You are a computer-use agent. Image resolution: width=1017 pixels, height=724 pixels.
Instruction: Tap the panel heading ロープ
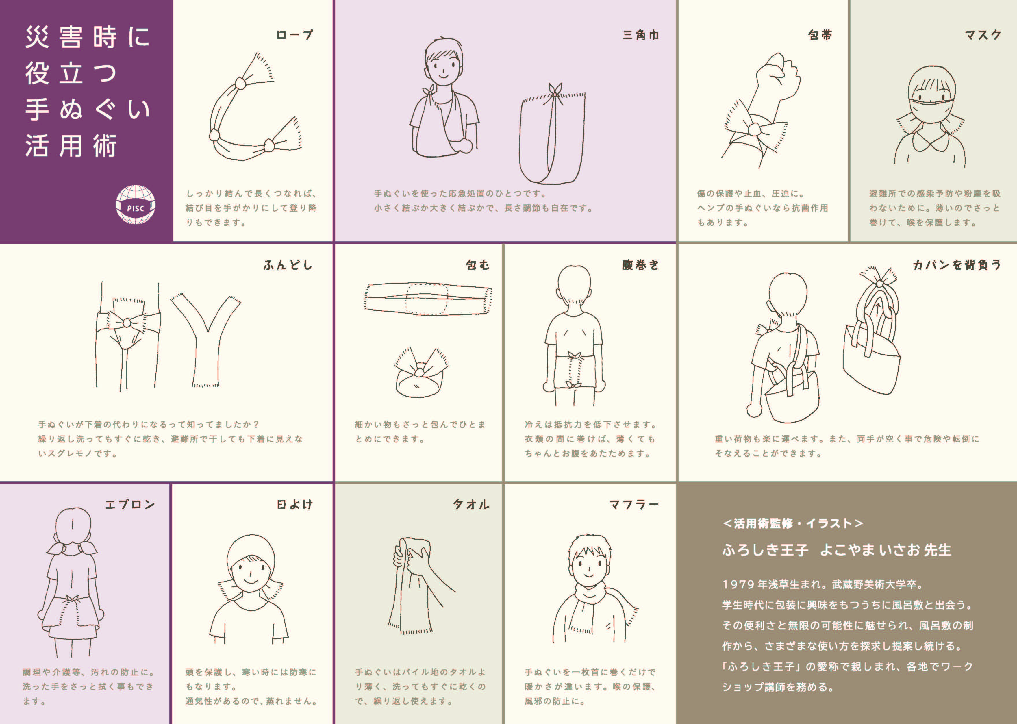point(294,35)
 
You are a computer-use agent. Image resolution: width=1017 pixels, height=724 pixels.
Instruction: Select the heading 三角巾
point(640,35)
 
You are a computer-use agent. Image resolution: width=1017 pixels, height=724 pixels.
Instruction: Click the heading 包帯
point(820,35)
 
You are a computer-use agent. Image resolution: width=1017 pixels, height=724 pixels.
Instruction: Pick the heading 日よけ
point(294,504)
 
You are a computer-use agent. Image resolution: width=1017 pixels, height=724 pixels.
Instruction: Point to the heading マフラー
point(634,504)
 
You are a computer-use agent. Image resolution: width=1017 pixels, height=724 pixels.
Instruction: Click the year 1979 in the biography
point(738,584)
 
